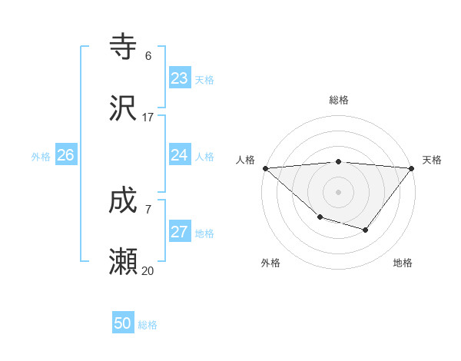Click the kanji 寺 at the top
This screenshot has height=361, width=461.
coord(124,47)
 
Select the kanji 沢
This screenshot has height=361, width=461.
coord(124,109)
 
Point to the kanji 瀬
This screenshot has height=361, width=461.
coord(124,263)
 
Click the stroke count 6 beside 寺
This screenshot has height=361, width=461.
coord(148,56)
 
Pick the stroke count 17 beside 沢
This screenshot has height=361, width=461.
coord(148,118)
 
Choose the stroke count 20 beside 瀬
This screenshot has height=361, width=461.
coord(148,270)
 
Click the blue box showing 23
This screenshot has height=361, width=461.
coord(180,78)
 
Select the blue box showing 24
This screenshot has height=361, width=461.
coord(180,155)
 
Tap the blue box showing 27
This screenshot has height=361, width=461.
coord(180,232)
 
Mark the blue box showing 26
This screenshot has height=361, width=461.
coord(65,155)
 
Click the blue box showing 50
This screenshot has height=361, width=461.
coord(123,323)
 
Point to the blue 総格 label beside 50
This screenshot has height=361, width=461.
coord(148,325)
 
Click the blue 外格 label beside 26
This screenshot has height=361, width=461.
coord(41,157)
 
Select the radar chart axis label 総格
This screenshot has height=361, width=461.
coord(339,100)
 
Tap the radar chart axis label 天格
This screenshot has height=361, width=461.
coord(433,160)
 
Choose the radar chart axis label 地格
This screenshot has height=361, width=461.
coord(403,263)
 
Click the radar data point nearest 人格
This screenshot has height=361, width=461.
coord(265,168)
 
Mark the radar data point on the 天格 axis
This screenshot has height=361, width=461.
coord(412,168)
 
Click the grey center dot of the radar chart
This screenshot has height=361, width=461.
coord(339,192)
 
